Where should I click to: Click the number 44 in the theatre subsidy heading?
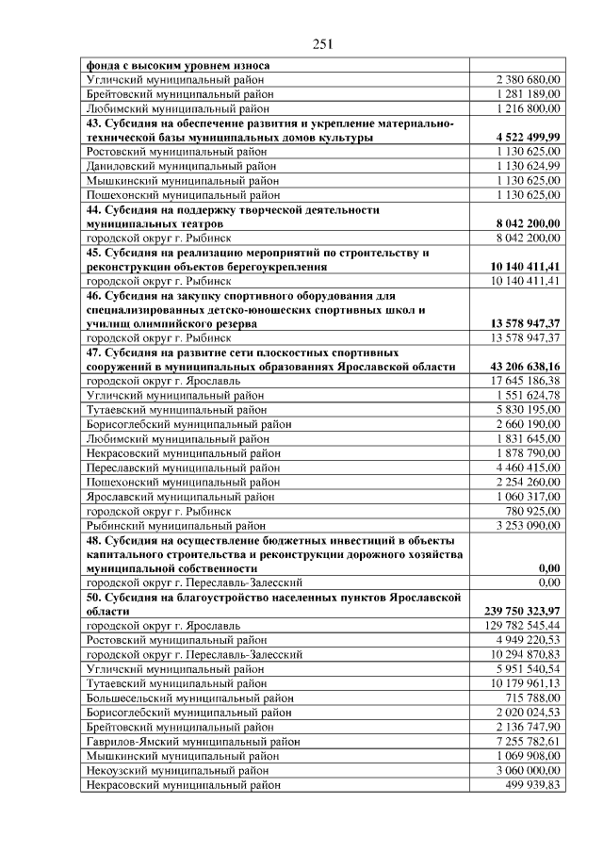[x=93, y=210]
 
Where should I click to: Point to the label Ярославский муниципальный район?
[x=180, y=496]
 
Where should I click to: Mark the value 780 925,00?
[x=531, y=510]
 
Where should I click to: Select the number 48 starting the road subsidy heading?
[x=93, y=540]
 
